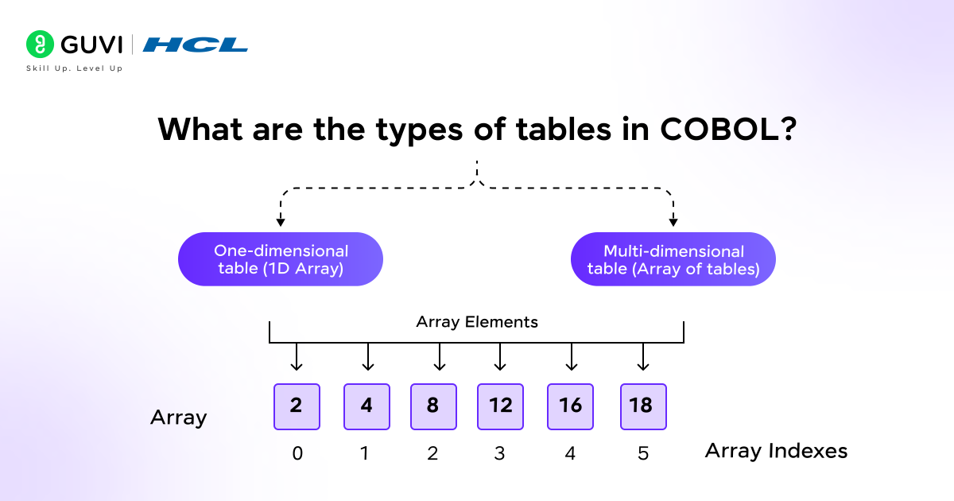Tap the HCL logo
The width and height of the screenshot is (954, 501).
pos(195,45)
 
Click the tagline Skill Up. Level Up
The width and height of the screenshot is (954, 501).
pos(74,68)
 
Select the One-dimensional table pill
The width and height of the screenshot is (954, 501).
pos(281,259)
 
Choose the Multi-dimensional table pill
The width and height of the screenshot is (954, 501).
pos(673,259)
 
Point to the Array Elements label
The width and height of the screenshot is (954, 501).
pos(477,322)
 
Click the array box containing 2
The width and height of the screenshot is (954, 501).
pos(297,406)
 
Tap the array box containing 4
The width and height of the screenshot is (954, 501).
pos(366,406)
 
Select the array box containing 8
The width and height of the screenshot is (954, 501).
pos(433,406)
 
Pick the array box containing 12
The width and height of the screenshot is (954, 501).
pos(500,406)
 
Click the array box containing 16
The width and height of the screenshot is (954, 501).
pos(570,406)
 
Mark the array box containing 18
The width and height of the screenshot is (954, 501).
pos(642,406)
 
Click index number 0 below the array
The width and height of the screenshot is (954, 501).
pos(297,453)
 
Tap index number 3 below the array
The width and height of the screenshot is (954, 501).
pos(500,453)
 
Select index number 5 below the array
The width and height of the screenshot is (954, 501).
pos(642,453)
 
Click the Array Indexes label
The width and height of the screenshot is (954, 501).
pos(776,452)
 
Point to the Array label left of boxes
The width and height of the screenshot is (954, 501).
pos(178,417)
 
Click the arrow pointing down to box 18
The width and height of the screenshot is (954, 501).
pos(642,358)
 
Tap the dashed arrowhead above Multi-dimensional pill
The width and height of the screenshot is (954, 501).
pos(673,221)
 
